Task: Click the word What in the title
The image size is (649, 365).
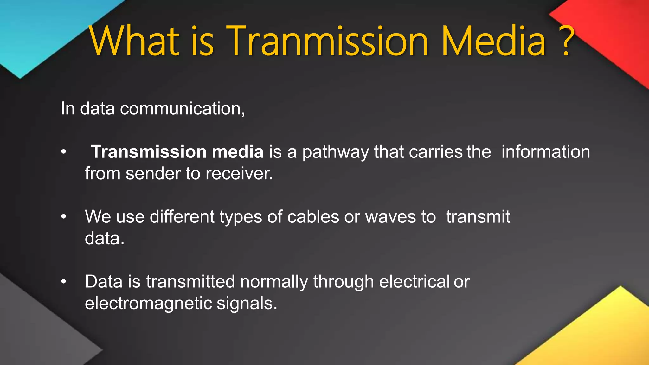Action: (134, 41)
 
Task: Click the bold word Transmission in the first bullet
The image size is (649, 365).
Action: (149, 152)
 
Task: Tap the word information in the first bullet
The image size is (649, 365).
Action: (546, 152)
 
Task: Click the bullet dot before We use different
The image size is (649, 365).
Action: (64, 217)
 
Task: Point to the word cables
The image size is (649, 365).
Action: (313, 217)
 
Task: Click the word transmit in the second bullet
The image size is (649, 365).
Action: (478, 217)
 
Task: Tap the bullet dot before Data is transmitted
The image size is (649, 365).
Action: (64, 282)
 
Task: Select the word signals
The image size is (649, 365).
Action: (247, 304)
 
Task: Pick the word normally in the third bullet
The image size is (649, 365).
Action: (274, 282)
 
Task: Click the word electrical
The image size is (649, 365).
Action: (414, 282)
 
